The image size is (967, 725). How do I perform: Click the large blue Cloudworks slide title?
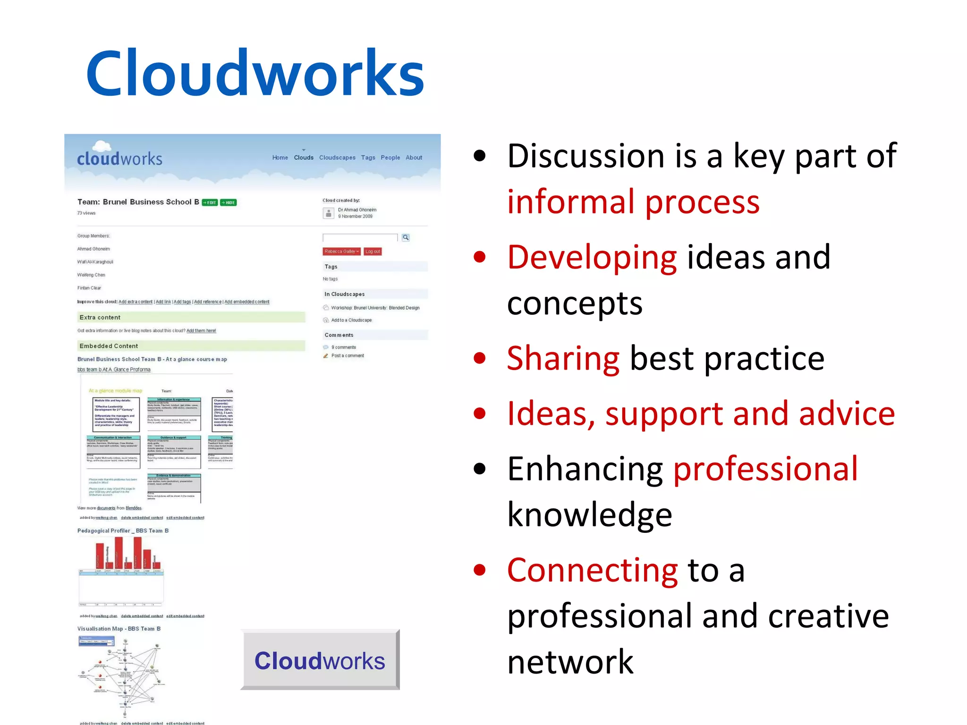(255, 73)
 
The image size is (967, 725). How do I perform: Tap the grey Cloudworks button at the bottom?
(320, 660)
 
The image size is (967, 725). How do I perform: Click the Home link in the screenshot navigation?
(280, 158)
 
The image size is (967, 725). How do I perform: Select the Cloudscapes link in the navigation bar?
(337, 158)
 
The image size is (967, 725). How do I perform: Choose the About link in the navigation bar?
(414, 158)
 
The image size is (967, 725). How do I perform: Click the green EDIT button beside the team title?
(210, 202)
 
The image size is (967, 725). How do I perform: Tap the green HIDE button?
(229, 202)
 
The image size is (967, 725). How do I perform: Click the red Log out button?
(373, 252)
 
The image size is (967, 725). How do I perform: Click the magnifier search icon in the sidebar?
(406, 237)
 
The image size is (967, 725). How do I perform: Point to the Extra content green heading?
(100, 317)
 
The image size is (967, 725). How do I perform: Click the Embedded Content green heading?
(109, 346)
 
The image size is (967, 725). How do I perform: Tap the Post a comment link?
(348, 356)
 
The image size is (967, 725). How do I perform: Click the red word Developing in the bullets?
(592, 257)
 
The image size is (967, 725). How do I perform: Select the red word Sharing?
(563, 358)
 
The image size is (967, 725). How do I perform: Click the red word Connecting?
(592, 570)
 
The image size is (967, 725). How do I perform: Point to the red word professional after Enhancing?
(765, 469)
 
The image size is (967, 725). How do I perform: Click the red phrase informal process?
(633, 202)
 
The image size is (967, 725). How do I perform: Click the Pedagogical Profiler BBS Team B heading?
(123, 531)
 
